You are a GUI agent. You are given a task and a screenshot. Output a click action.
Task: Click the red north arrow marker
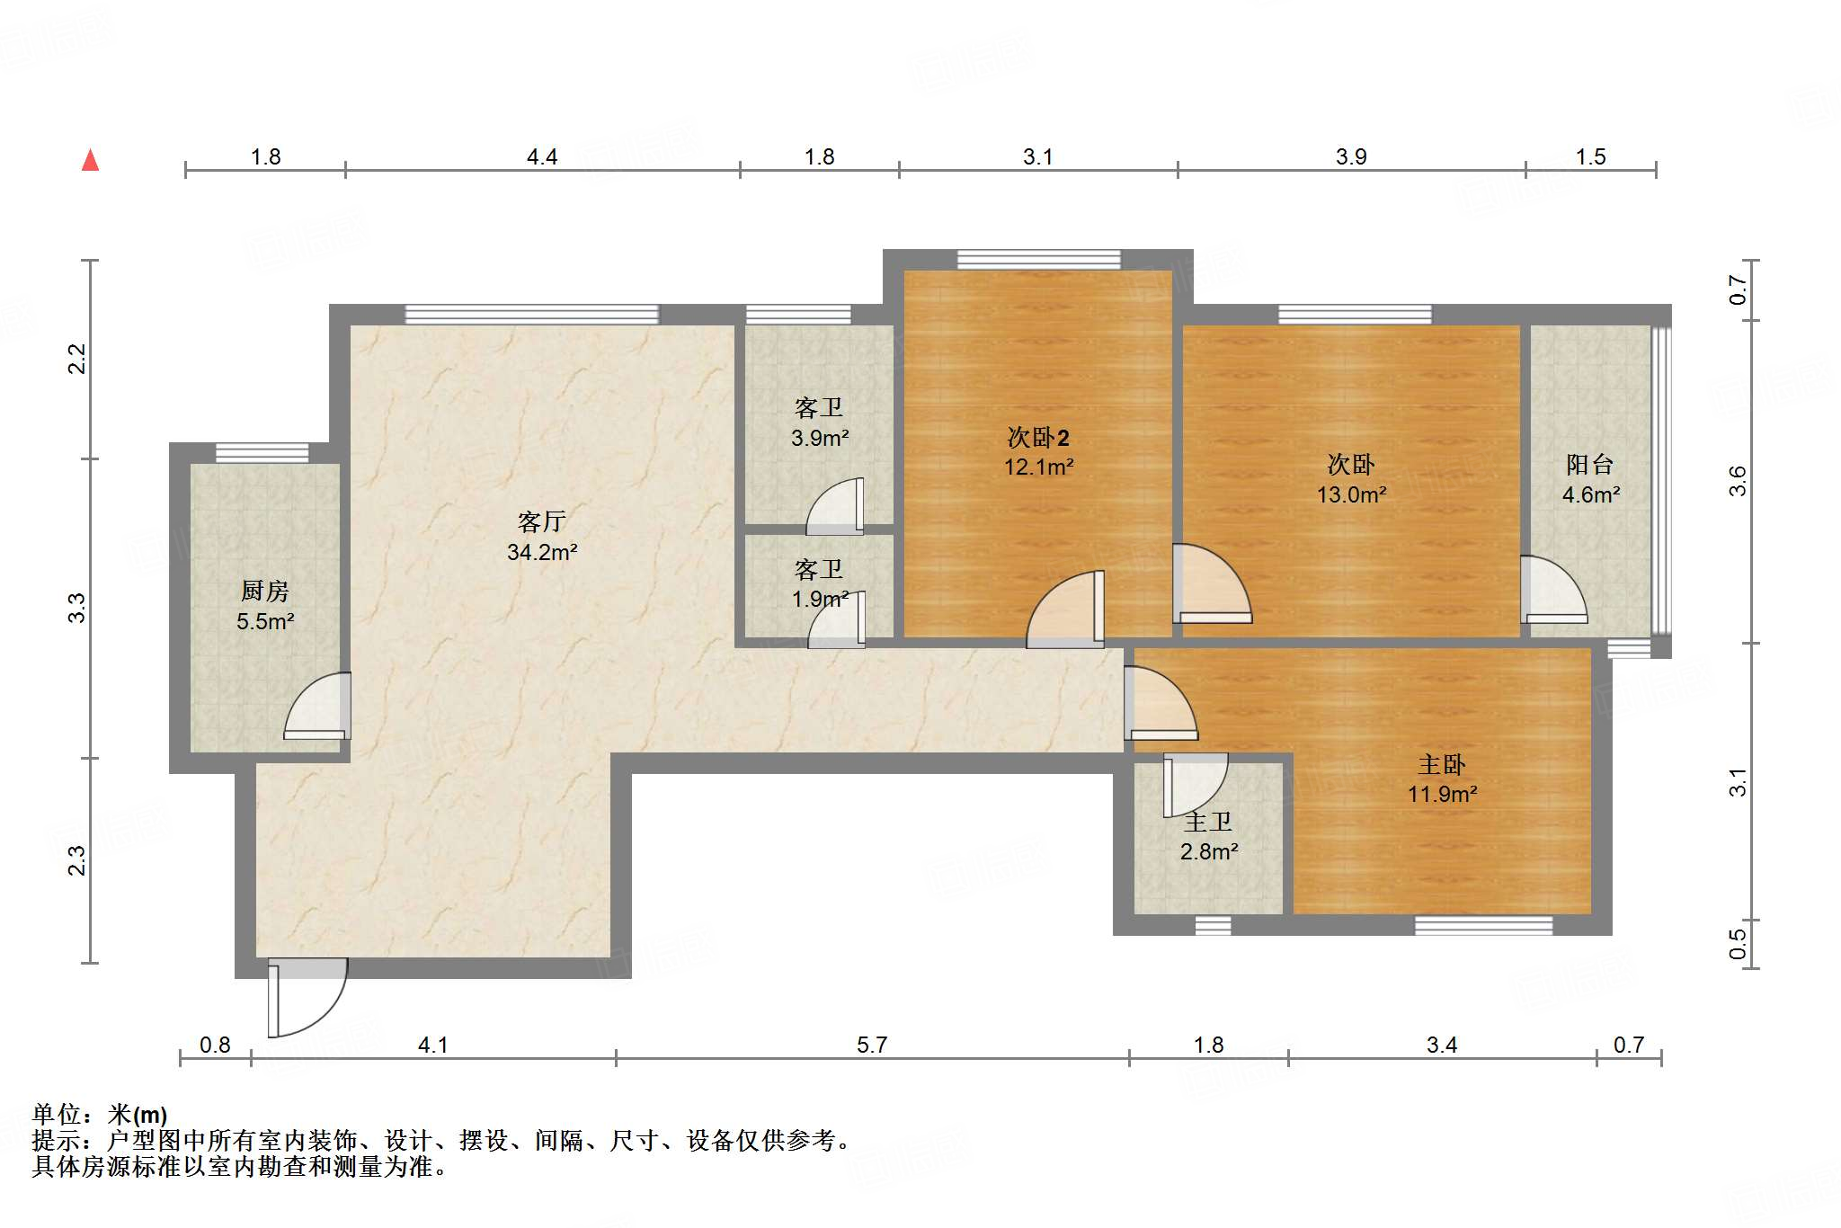pyautogui.click(x=90, y=161)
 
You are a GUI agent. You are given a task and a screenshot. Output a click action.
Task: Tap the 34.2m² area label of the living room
pyautogui.click(x=541, y=552)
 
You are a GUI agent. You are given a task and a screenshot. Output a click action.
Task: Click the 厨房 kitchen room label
pyautogui.click(x=265, y=591)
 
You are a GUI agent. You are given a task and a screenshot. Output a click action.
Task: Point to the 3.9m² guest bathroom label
pyautogui.click(x=820, y=438)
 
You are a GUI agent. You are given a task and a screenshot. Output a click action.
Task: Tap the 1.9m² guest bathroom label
pyautogui.click(x=820, y=599)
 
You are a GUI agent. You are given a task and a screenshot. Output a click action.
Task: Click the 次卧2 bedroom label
pyautogui.click(x=1038, y=438)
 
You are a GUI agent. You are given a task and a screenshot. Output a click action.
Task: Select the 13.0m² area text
pyautogui.click(x=1351, y=494)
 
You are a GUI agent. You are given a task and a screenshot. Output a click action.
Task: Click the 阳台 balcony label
pyautogui.click(x=1589, y=465)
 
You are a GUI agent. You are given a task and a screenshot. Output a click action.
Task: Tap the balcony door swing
pyautogui.click(x=1552, y=592)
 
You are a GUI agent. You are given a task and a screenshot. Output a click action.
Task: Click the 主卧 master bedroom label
pyautogui.click(x=1441, y=765)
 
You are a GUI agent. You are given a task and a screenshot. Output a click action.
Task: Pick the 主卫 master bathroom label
pyautogui.click(x=1208, y=822)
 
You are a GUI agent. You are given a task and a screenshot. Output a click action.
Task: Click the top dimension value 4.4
pyautogui.click(x=541, y=157)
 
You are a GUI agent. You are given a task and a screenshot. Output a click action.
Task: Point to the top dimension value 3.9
pyautogui.click(x=1350, y=157)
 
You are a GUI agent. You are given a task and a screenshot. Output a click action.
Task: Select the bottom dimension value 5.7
pyautogui.click(x=871, y=1045)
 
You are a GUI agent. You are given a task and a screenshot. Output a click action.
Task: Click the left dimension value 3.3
pyautogui.click(x=77, y=608)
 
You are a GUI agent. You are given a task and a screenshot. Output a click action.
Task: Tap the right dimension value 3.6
pyautogui.click(x=1738, y=481)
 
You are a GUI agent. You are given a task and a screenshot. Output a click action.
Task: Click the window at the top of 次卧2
pyautogui.click(x=1038, y=260)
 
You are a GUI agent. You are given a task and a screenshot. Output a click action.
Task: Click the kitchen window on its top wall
pyautogui.click(x=262, y=452)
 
